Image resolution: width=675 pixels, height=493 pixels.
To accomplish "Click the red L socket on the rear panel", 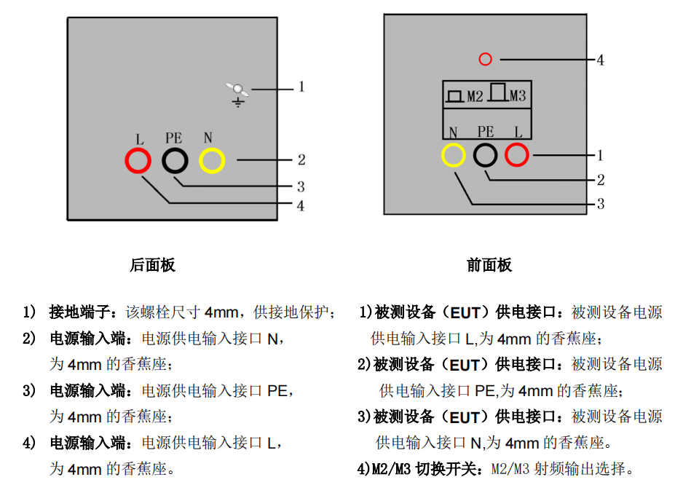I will pyautogui.click(x=138, y=160).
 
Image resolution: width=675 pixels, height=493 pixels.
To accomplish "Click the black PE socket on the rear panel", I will pyautogui.click(x=175, y=160).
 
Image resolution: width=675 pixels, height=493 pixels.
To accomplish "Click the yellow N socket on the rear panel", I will pyautogui.click(x=212, y=160).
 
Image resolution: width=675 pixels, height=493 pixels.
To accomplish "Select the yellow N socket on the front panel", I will pyautogui.click(x=453, y=155).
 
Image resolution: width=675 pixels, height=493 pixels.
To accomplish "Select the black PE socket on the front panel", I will pyautogui.click(x=485, y=155).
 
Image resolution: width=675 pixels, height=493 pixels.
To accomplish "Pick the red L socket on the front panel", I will pyautogui.click(x=516, y=155).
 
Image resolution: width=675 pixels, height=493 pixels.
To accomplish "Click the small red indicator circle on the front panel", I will pyautogui.click(x=485, y=59).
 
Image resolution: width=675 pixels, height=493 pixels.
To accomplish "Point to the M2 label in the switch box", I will pyautogui.click(x=475, y=96).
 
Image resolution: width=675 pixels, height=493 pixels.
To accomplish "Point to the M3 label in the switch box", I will pyautogui.click(x=518, y=96).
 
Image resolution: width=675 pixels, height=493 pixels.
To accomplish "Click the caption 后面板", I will pyautogui.click(x=152, y=265).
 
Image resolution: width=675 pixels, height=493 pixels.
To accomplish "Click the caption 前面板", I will pyautogui.click(x=489, y=265).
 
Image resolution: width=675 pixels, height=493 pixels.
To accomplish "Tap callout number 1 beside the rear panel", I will pyautogui.click(x=301, y=87).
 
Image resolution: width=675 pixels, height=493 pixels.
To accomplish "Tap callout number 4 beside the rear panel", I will pyautogui.click(x=301, y=205).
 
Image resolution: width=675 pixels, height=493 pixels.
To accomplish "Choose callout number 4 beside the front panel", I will pyautogui.click(x=600, y=60).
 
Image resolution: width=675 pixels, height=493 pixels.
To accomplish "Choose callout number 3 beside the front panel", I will pyautogui.click(x=600, y=204).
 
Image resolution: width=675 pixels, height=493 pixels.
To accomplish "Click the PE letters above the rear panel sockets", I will pyautogui.click(x=174, y=138).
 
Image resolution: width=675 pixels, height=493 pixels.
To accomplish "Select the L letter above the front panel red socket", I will pyautogui.click(x=518, y=132).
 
